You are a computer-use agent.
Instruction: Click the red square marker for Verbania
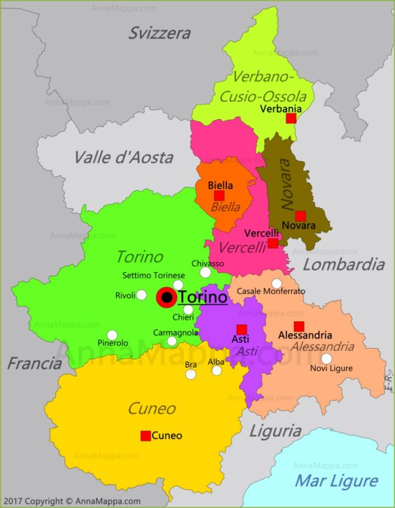coord(291,118)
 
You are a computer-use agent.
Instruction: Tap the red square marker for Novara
coord(301,216)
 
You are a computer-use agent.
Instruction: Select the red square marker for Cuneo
coord(145,436)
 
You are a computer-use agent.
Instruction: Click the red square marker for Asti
coord(242,329)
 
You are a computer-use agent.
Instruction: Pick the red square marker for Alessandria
coord(299,326)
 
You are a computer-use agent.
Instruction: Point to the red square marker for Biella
coord(219,196)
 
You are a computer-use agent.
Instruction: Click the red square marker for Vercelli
coord(273,243)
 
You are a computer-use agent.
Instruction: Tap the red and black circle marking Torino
coord(167,297)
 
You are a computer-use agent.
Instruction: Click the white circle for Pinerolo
coord(112,335)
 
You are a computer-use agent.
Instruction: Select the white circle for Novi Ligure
coord(326,359)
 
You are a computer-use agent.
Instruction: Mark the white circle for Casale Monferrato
coord(276,283)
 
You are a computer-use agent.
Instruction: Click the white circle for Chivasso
coord(205,272)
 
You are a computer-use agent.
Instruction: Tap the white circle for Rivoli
coord(141,295)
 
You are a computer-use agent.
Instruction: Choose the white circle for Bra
coord(191,374)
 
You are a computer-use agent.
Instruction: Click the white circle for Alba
coord(217,371)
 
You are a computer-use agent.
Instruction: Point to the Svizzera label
coord(159,33)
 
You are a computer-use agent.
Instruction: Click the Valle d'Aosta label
coord(124,157)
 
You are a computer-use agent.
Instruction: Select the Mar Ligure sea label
coord(336,481)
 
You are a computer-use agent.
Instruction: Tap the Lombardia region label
coord(343,264)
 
